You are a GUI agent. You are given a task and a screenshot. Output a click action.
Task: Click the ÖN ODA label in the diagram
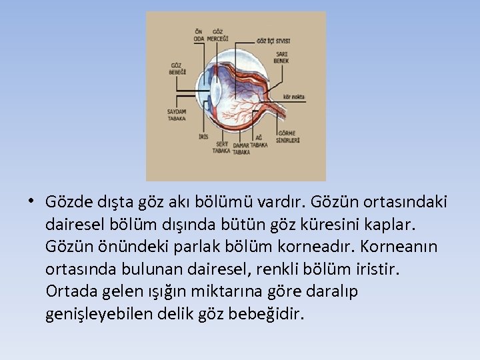(199, 35)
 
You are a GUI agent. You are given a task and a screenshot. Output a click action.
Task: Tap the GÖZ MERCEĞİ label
(217, 35)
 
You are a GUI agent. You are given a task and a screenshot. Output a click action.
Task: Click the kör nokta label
(294, 97)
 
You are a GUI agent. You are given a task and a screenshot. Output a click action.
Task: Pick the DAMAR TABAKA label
(241, 148)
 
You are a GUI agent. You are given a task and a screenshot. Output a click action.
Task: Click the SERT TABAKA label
(221, 147)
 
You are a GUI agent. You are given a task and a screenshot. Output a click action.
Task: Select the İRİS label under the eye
(204, 137)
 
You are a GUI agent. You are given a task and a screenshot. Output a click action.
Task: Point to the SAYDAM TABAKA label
(177, 115)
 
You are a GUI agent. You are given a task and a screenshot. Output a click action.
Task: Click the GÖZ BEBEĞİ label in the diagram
(178, 68)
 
